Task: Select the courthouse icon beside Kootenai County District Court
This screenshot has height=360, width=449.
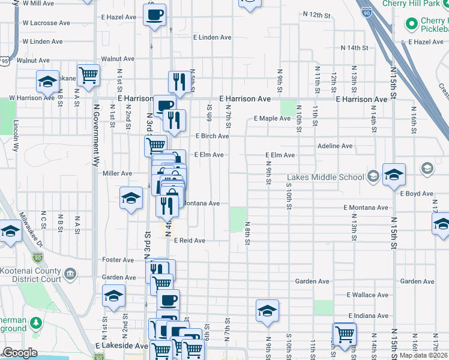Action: pyautogui.click(x=70, y=275)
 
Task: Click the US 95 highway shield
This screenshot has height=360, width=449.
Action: pyautogui.click(x=5, y=61)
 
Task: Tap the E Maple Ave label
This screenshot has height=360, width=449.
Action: pyautogui.click(x=272, y=118)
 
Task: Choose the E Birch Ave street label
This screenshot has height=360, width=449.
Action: pyautogui.click(x=212, y=136)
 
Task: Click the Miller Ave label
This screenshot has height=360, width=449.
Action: pyautogui.click(x=117, y=173)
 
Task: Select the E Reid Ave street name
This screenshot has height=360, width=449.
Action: pyautogui.click(x=190, y=241)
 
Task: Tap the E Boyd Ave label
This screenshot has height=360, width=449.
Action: pyautogui.click(x=416, y=194)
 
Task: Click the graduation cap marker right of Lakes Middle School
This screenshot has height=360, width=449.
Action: pyautogui.click(x=394, y=175)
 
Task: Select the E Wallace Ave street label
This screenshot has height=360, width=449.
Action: pyautogui.click(x=368, y=295)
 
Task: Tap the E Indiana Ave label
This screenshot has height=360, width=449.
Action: pyautogui.click(x=368, y=316)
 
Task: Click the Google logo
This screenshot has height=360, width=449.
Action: pyautogui.click(x=20, y=353)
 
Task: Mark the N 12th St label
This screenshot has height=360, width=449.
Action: pyautogui.click(x=318, y=13)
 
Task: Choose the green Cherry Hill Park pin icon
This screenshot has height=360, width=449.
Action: pyautogui.click(x=412, y=24)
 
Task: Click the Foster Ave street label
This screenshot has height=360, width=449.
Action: pyautogui.click(x=118, y=260)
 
